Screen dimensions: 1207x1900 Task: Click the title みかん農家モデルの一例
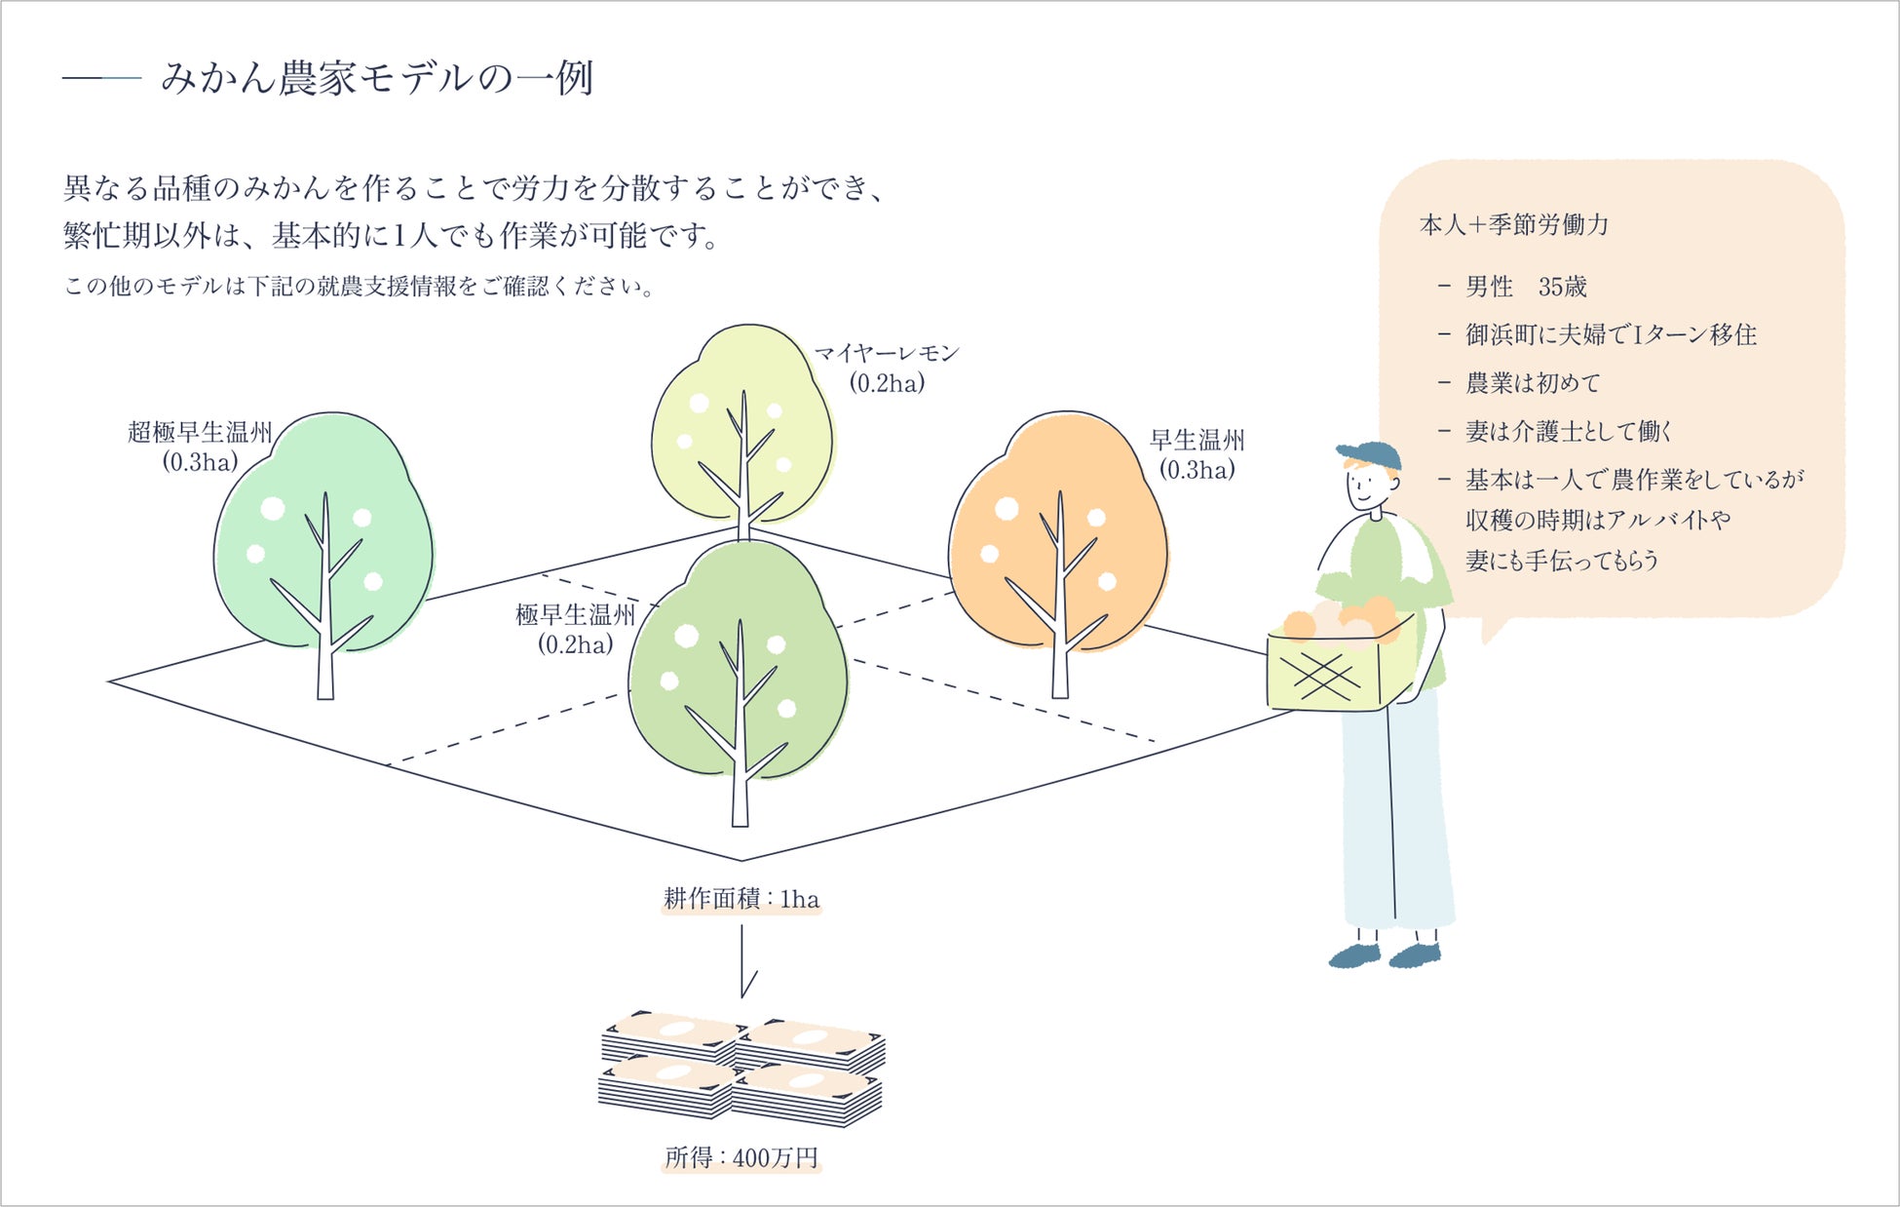(x=376, y=78)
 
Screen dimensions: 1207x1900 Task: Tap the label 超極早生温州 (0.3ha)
(x=200, y=447)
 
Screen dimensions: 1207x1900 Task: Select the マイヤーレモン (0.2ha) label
(x=887, y=368)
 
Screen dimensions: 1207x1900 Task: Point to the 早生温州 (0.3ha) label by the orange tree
(x=1197, y=454)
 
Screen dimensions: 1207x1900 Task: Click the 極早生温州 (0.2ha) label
(x=575, y=629)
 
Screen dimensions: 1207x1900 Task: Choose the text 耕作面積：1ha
(x=741, y=899)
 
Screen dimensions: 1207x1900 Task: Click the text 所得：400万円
(x=741, y=1158)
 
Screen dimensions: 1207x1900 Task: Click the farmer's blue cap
(x=1369, y=454)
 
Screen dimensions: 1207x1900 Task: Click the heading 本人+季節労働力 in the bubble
(x=1514, y=225)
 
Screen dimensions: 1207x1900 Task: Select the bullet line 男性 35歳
(x=1526, y=287)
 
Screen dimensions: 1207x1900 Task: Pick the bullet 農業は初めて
(x=1532, y=383)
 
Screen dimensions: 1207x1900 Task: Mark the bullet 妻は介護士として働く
(x=1569, y=431)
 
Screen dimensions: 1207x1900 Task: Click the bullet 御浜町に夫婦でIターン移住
(x=1610, y=334)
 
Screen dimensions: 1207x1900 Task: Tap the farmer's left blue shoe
(x=1355, y=955)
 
